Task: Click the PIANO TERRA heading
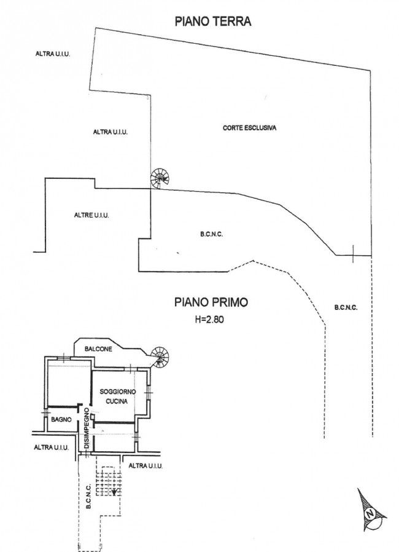(x=213, y=22)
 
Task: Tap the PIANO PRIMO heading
(x=211, y=302)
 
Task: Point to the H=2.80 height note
(x=209, y=320)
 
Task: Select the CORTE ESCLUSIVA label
(x=250, y=128)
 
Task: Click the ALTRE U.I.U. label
(x=91, y=215)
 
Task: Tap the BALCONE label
(x=98, y=349)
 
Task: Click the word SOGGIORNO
(x=118, y=392)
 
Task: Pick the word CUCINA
(x=117, y=401)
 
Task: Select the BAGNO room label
(x=61, y=419)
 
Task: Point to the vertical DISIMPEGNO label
(x=87, y=428)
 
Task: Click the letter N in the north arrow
(x=370, y=514)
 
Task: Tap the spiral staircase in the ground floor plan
(x=160, y=178)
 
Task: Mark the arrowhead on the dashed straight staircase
(x=114, y=492)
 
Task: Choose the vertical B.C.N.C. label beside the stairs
(x=88, y=497)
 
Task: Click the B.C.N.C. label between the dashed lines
(x=346, y=308)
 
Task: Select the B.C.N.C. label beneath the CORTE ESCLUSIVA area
(x=211, y=234)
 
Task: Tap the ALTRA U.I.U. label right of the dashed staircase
(x=145, y=466)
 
